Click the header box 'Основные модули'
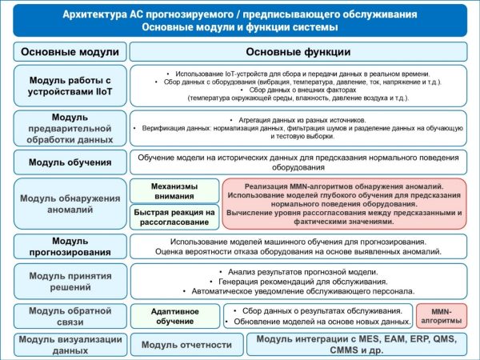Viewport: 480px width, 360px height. click(x=70, y=52)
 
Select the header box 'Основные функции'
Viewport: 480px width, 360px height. click(x=298, y=52)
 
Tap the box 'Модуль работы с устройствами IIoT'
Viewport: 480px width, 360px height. click(x=70, y=86)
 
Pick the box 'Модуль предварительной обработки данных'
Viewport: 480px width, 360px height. click(x=70, y=128)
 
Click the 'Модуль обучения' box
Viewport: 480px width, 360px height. click(x=70, y=162)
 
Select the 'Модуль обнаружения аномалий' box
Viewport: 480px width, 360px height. click(x=70, y=204)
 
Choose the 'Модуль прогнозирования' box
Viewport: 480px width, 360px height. click(x=70, y=246)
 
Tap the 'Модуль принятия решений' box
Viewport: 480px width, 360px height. click(x=70, y=282)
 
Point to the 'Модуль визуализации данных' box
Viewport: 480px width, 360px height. click(x=70, y=344)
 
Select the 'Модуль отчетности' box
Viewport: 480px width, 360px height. click(x=186, y=345)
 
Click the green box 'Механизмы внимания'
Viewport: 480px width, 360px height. click(x=174, y=191)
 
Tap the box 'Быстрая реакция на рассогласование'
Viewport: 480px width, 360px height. click(x=174, y=218)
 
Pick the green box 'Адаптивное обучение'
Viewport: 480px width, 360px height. click(x=174, y=315)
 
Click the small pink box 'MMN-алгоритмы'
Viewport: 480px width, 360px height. click(x=441, y=315)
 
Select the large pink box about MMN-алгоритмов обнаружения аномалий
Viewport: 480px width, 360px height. click(x=344, y=204)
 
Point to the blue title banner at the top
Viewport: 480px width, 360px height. click(x=240, y=22)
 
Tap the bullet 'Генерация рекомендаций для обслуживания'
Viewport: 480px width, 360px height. click(x=298, y=282)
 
